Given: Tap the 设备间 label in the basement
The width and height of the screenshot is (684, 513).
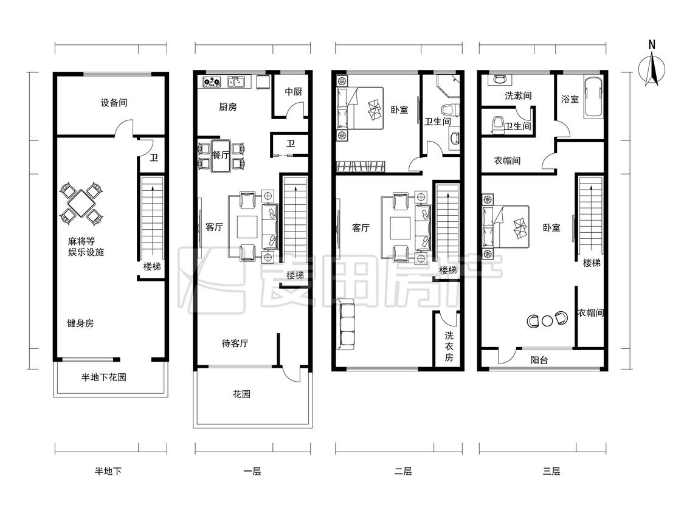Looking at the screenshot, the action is coord(114,103).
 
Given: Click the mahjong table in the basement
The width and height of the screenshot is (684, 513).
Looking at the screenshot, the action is coord(81,204).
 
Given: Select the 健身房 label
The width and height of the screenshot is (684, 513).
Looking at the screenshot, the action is coord(80,323).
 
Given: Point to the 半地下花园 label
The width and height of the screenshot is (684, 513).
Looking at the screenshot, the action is coord(104,377).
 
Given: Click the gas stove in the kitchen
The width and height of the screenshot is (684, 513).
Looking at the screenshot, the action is coord(212,81).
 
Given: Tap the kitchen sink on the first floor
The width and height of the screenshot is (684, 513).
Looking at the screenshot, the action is coord(237,81).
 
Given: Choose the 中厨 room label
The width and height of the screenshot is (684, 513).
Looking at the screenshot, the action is coord(294,92).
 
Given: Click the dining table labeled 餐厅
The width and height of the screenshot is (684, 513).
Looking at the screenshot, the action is coord(221,155).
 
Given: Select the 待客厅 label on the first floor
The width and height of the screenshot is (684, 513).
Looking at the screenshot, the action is coord(235,344).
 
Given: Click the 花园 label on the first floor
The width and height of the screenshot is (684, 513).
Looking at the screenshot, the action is coord(241,394).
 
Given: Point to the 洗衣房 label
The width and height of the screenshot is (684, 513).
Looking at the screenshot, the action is coord(449,347).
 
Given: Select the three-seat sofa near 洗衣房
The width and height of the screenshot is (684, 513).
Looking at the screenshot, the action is coord(347,325).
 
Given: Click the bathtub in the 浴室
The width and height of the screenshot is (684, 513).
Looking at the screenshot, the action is coord(593,97).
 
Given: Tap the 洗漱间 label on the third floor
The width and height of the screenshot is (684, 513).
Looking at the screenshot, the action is coord(518,95).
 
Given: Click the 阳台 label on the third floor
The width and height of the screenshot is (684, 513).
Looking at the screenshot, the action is coord(539,360).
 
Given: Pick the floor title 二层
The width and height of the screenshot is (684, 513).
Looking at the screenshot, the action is coord(403,471).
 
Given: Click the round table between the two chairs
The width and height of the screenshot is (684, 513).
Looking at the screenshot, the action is coord(547,321).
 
